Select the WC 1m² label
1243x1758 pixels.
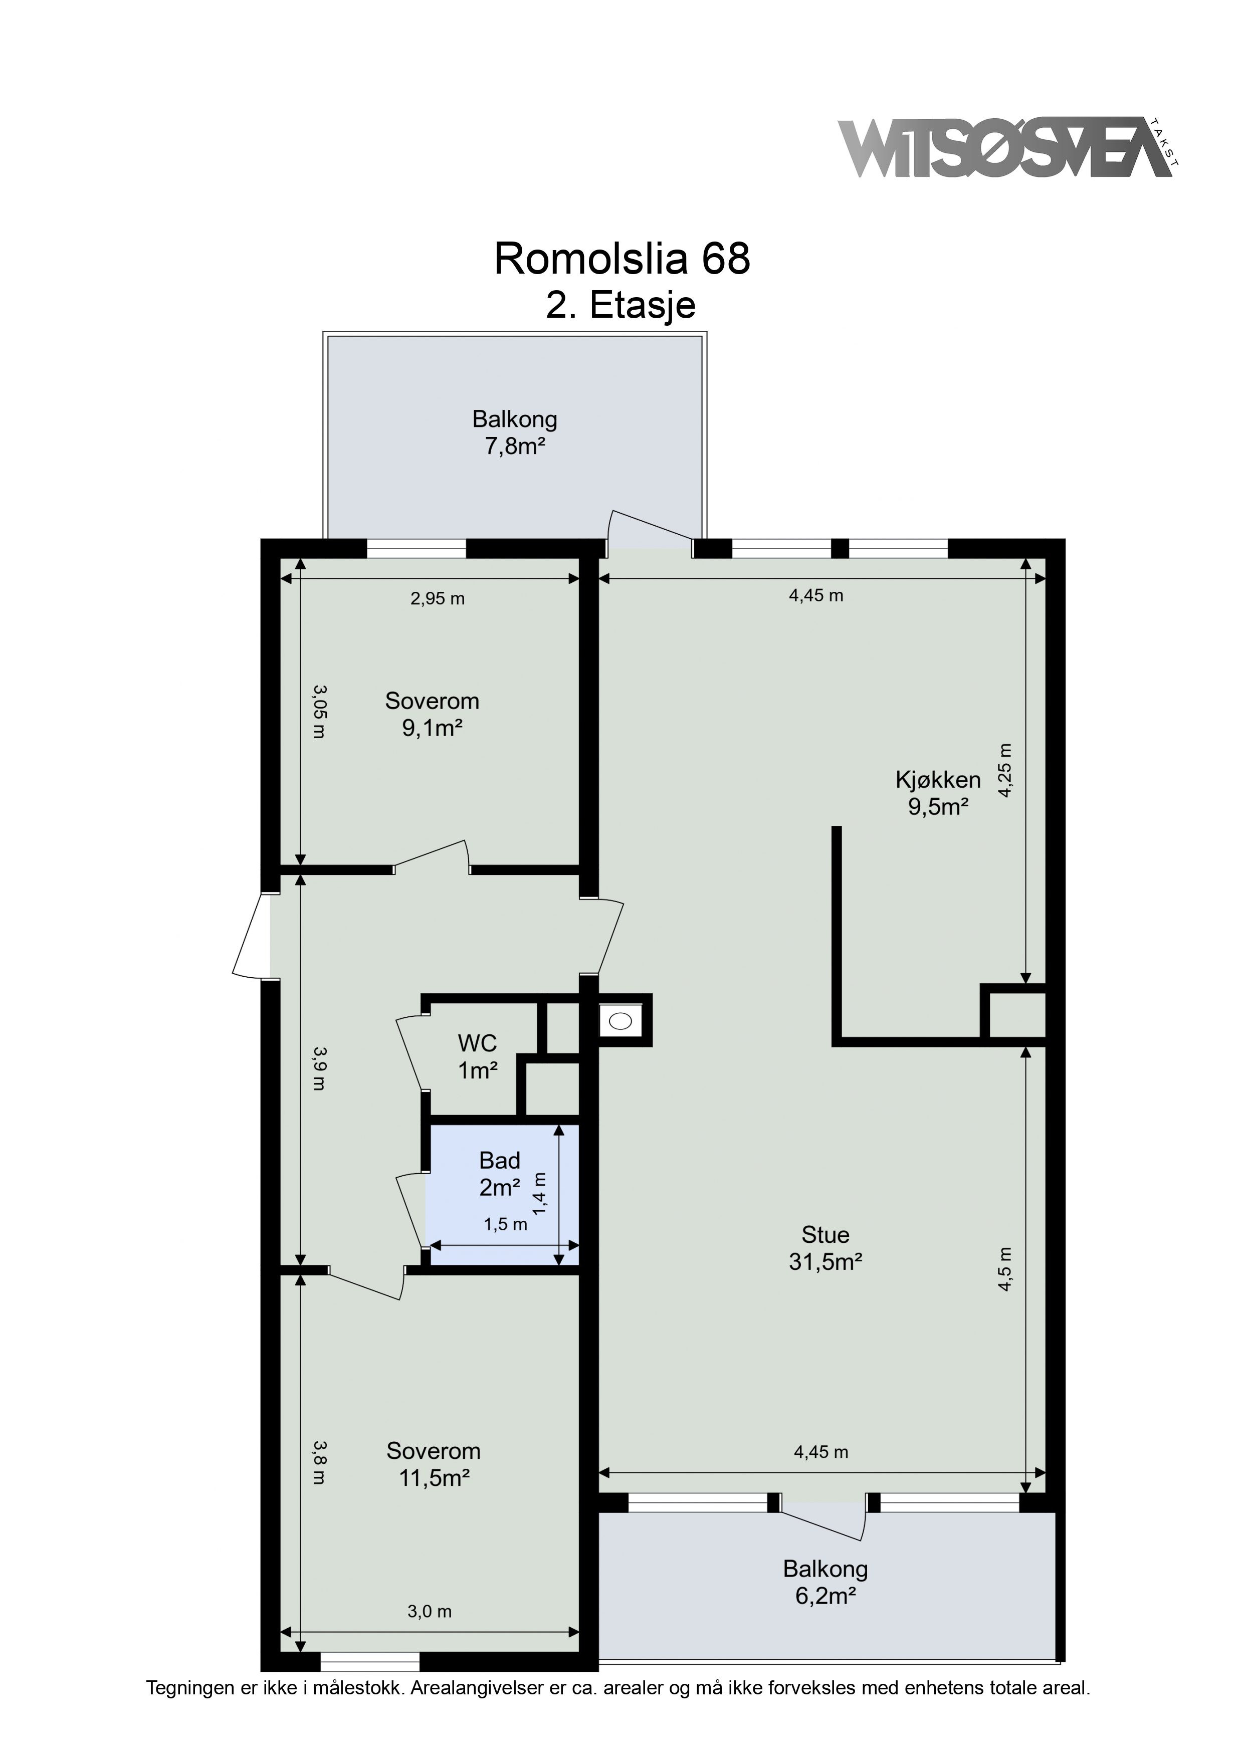[x=478, y=1056]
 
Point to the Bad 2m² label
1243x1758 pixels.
[x=500, y=1174]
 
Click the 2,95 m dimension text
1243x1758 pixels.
[x=438, y=599]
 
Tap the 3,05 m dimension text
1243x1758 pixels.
[x=319, y=711]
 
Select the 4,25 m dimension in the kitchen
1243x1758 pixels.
[x=1005, y=770]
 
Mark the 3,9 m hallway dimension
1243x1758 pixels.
[x=319, y=1068]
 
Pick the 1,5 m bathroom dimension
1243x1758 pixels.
[x=506, y=1224]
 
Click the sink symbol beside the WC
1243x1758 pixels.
[x=620, y=1020]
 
